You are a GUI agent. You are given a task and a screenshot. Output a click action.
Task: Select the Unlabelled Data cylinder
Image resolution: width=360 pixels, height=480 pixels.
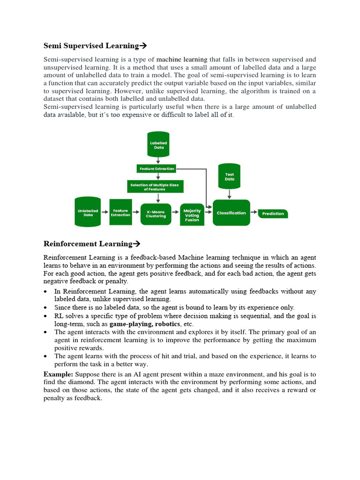(88, 212)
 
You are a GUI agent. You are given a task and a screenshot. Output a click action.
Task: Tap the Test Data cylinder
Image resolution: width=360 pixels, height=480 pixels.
(229, 176)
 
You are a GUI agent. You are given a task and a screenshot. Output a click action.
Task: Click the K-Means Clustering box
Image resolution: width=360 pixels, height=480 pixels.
(156, 214)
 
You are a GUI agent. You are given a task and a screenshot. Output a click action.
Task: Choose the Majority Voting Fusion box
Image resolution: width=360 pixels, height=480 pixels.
(192, 215)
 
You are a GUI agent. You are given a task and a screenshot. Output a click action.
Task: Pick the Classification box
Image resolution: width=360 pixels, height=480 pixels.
(231, 213)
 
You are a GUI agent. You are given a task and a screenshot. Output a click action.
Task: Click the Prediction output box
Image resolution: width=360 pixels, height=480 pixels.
(273, 214)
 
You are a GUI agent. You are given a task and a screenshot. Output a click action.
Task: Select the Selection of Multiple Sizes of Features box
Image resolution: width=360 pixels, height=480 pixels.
(154, 187)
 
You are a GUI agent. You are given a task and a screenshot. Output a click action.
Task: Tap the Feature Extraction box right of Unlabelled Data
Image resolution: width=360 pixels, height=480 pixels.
(120, 212)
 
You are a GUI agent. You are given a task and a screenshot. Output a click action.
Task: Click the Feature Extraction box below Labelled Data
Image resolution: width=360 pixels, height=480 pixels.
(157, 168)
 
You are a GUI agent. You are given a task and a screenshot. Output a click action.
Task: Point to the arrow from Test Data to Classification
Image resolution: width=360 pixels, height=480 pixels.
(229, 194)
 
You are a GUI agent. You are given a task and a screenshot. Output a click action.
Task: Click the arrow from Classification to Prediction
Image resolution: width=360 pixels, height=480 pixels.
(254, 213)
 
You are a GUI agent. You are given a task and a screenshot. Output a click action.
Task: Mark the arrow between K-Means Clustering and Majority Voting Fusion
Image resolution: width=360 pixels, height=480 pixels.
(175, 213)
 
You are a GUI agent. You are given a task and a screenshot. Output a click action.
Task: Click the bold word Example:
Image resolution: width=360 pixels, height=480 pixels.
(58, 375)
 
